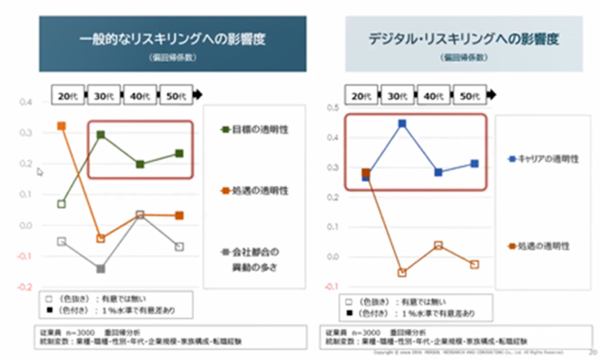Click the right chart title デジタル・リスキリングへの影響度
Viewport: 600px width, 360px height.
click(x=463, y=39)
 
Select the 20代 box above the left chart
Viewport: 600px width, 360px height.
click(x=69, y=96)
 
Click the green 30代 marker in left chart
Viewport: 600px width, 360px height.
click(x=101, y=135)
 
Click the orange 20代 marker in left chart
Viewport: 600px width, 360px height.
click(x=62, y=126)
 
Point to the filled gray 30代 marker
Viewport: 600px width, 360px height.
click(x=101, y=269)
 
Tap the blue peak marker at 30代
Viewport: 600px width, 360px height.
click(x=403, y=124)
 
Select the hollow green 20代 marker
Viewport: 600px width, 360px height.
click(x=62, y=204)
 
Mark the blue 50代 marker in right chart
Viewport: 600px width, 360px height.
click(x=474, y=164)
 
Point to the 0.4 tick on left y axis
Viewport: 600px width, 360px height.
click(x=26, y=102)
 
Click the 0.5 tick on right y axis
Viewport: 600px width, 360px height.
click(x=333, y=107)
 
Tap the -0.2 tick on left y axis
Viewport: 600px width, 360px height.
click(x=25, y=287)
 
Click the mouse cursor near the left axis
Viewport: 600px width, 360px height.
click(x=40, y=172)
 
